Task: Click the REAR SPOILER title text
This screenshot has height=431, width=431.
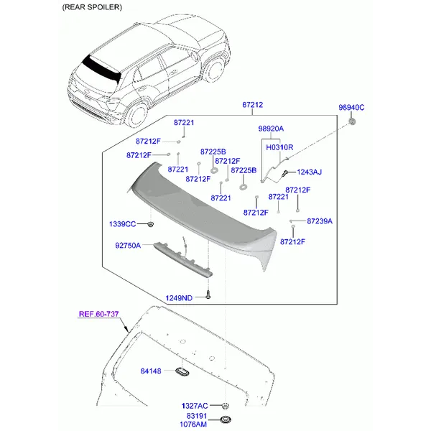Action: coord(92,7)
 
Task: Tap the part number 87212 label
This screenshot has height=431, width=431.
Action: coord(252,105)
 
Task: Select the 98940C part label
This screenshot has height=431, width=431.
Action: coord(351,108)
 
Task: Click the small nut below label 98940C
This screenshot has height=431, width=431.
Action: coord(352,121)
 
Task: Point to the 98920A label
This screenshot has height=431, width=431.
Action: coord(271,129)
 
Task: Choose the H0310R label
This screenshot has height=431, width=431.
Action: coord(279,147)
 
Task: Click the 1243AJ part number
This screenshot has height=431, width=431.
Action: coord(309,172)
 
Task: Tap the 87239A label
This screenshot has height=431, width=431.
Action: coord(320,221)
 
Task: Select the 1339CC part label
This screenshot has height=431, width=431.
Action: coord(122,224)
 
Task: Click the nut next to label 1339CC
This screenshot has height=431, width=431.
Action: coord(150,224)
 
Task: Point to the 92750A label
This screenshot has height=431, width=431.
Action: coord(128,246)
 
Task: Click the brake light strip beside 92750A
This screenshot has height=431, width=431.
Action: coord(183,259)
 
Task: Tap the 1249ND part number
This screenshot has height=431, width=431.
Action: coord(179,298)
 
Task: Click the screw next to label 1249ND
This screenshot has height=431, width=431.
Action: coord(208,295)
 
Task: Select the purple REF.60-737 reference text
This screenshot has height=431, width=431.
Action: coord(98,314)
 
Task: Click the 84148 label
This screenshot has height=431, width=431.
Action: coord(151,371)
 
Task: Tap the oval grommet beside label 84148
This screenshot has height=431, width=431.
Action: coord(182,371)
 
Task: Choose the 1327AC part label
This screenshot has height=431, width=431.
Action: coord(195,406)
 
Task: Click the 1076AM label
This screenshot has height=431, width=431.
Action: coord(193,425)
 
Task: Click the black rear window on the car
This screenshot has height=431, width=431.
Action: coord(102,69)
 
